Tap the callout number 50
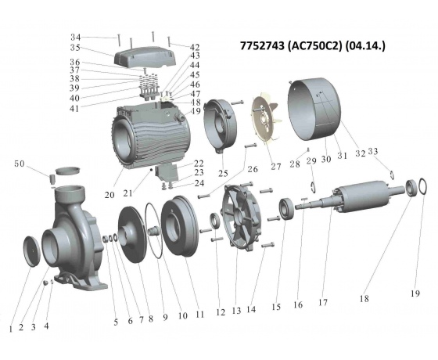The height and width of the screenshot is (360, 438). coord(20,164)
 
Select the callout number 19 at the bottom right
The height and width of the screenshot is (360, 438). coord(415,293)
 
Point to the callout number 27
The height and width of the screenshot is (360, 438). coord(275,166)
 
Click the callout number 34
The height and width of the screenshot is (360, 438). coord(75,38)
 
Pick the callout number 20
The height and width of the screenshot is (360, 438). coord(109,195)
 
